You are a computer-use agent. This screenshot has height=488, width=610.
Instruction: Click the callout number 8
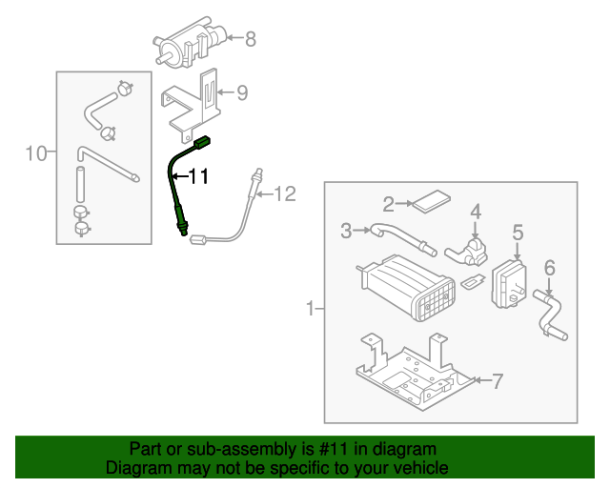[x=251, y=39]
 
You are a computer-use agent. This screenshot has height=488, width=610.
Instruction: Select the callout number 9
[x=241, y=92]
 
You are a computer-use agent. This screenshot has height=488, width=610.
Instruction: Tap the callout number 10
[x=35, y=152]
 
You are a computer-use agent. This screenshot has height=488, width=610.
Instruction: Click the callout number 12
[x=286, y=194]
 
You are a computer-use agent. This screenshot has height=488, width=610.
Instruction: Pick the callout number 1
[x=309, y=308]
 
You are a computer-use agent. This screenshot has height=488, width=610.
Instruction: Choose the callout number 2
[x=389, y=203]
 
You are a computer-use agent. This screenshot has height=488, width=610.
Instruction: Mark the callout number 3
[x=347, y=230]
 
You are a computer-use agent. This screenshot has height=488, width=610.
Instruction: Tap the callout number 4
[x=475, y=211]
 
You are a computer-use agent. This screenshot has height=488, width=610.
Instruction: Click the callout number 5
[x=518, y=232]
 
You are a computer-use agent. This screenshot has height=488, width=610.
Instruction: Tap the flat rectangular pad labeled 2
[x=432, y=201]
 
